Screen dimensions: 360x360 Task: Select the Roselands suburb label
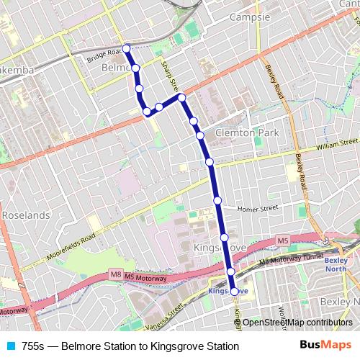coord(25,215)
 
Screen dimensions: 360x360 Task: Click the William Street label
coord(336,145)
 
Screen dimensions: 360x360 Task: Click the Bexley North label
coord(336,265)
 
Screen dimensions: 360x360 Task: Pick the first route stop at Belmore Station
coord(126,48)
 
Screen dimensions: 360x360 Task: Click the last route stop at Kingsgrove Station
coord(234,291)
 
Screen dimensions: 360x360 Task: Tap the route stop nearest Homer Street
coord(217,200)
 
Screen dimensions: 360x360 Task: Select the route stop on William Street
coord(210,162)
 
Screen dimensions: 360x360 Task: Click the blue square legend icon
coord(10,346)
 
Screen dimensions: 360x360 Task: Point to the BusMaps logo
coord(325,346)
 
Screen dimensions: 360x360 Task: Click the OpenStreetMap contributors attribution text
coord(297,323)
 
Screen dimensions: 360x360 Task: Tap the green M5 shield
coord(283,240)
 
